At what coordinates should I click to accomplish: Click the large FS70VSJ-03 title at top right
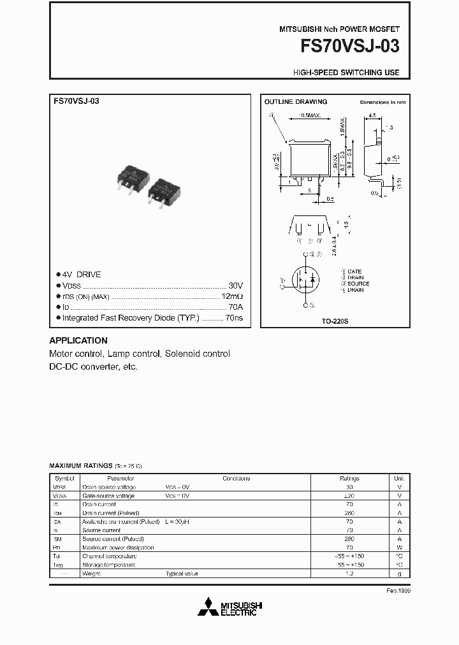[346, 48]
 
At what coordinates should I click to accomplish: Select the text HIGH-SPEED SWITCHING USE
[346, 73]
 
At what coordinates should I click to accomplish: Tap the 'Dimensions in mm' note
[382, 102]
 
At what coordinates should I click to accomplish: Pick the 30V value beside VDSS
[235, 286]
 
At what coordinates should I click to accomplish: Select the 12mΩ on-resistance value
[232, 296]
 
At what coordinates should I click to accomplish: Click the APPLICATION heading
[78, 340]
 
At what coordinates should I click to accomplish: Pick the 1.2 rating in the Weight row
[349, 574]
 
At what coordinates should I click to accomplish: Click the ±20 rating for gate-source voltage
[349, 495]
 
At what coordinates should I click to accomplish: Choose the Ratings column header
[349, 478]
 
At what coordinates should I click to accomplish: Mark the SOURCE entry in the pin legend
[358, 284]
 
